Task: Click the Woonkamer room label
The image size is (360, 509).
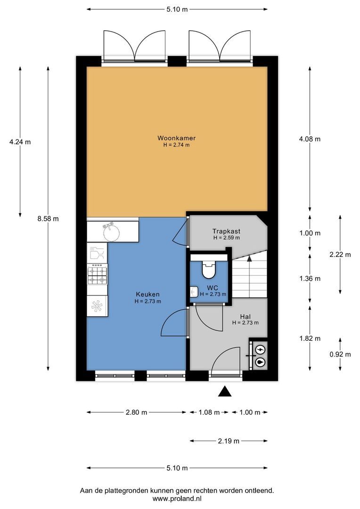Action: (177, 138)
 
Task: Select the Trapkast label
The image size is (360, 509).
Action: (226, 231)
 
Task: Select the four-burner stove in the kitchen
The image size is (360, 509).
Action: (98, 275)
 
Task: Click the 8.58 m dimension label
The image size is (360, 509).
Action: (49, 218)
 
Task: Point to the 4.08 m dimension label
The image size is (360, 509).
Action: (310, 139)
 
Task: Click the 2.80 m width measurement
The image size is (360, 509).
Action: (136, 412)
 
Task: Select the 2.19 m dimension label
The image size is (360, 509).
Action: (229, 441)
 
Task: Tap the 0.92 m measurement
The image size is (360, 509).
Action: (340, 354)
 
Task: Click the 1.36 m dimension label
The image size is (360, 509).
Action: (310, 279)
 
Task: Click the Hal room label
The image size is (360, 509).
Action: (245, 316)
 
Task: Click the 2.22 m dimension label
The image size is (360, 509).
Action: (340, 254)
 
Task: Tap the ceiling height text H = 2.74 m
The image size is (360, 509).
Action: (177, 145)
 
